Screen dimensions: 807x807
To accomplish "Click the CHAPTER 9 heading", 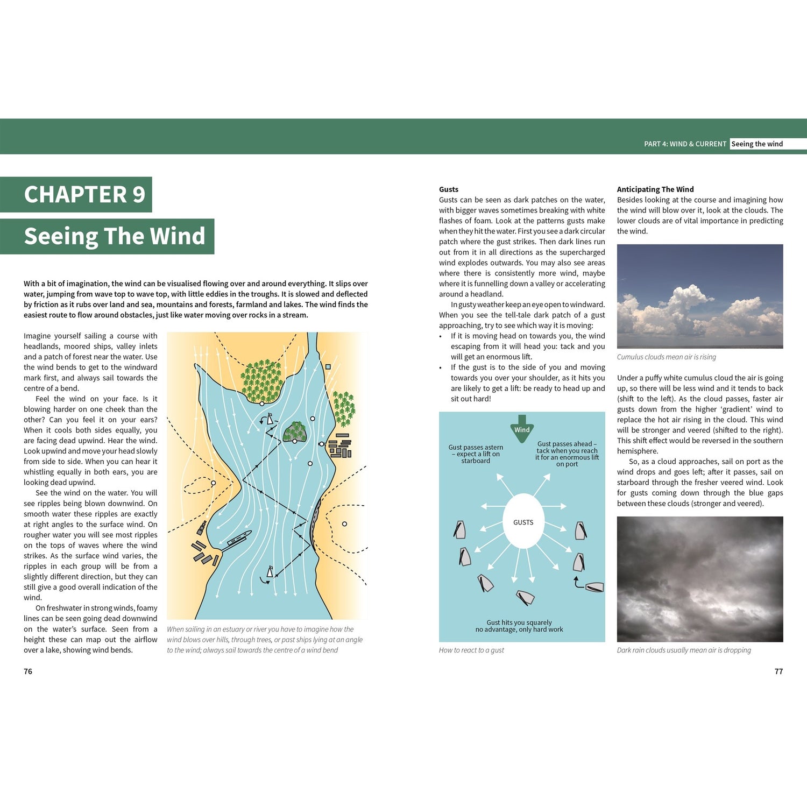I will pos(84,195).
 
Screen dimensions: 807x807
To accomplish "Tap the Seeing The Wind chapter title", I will pos(115,236).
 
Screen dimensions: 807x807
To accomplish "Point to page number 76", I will pos(28,671).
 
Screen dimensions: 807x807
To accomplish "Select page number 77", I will pos(778,671).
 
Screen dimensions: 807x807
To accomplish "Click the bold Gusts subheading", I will pos(449,189).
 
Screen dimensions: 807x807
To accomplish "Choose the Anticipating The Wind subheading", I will pos(655,189).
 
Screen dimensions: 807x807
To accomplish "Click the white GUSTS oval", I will pos(523,521).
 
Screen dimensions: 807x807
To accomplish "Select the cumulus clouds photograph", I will pos(700,296).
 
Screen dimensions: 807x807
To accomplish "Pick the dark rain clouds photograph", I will pos(700,579).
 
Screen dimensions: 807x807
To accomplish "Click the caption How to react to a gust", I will pos(471,650).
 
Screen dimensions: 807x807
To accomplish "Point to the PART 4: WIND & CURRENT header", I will pos(685,144).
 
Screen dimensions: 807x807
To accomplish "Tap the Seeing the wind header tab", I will pos(757,144).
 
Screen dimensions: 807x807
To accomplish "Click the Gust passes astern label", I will pos(476,454).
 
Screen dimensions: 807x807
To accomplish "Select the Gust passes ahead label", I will pos(567,454).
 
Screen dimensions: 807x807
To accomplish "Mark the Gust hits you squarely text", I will pos(519,626).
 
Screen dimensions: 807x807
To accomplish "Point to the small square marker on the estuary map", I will pos(328,367).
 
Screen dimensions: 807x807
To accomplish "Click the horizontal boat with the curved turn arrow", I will pos(594,587).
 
